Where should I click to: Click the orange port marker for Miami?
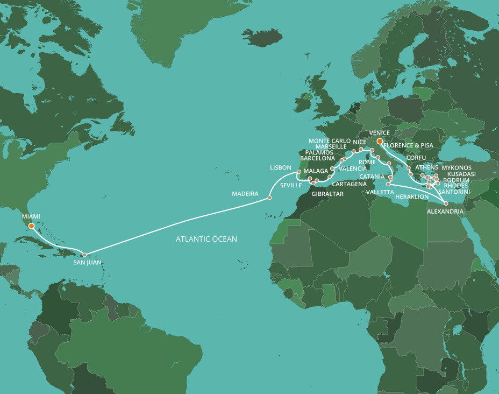[32, 226]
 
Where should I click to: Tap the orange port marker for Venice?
[380, 142]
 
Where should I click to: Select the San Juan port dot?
[84, 255]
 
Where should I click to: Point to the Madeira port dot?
[269, 198]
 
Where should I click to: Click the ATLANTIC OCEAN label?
[206, 239]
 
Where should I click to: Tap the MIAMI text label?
[31, 216]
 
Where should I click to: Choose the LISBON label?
[281, 168]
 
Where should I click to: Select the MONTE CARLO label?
[330, 140]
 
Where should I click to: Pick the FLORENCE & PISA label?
[409, 145]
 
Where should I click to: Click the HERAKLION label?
[411, 197]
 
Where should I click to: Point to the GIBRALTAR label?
[327, 193]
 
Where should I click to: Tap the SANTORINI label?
[454, 192]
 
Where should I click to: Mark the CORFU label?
[416, 158]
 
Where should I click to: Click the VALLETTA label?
[378, 192]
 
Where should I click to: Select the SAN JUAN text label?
[87, 263]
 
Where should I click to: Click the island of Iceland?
[262, 37]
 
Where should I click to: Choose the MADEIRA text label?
[245, 193]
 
